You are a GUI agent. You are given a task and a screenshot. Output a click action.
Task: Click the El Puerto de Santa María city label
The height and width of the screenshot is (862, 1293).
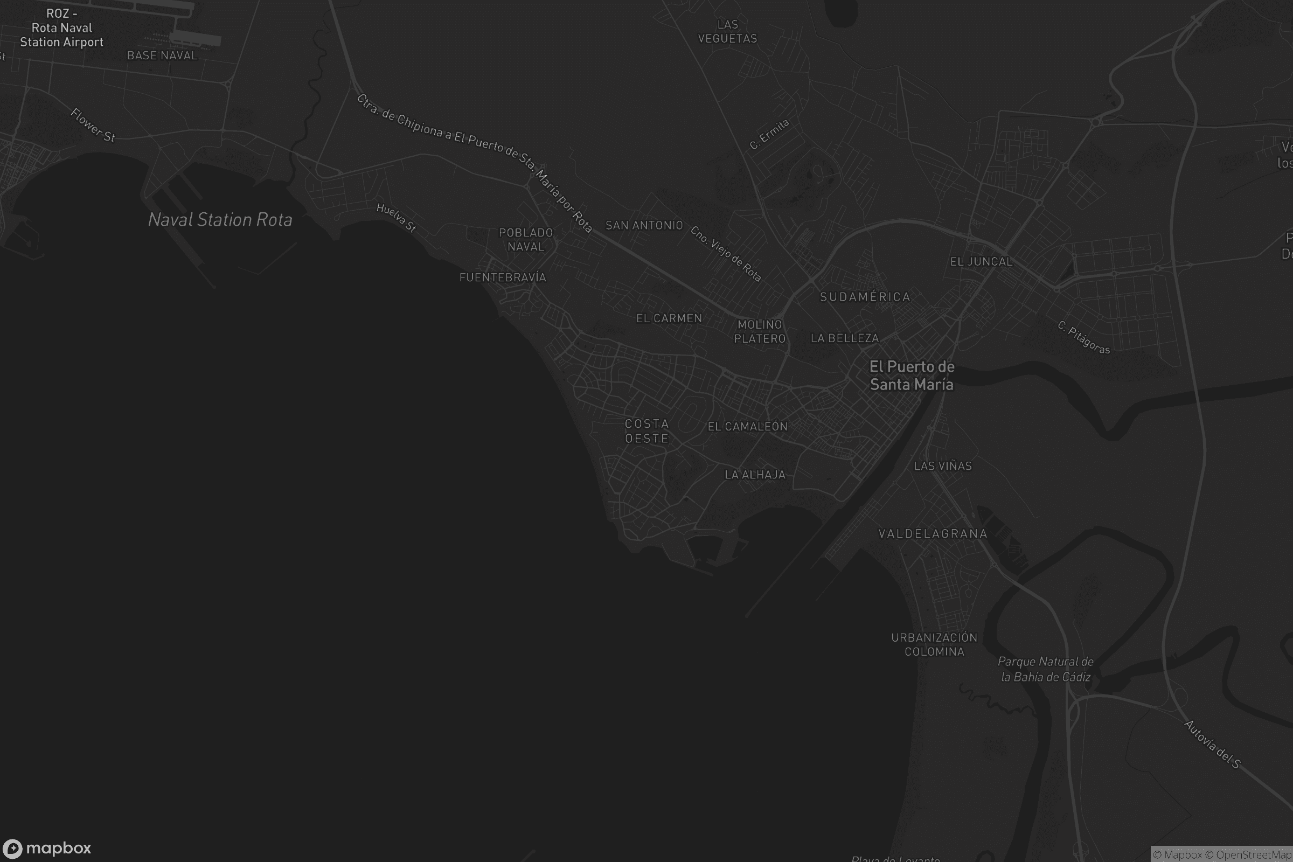point(912,376)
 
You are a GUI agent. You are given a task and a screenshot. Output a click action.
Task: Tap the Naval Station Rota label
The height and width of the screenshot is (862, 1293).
point(220,220)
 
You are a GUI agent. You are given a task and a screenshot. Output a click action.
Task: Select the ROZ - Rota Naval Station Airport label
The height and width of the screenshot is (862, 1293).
point(61,28)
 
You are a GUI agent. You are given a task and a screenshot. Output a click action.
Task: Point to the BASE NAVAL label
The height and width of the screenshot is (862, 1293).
point(162,55)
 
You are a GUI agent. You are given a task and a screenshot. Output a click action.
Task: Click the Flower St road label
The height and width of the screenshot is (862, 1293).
point(93,125)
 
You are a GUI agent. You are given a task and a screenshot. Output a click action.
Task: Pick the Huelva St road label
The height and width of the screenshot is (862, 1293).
point(397,218)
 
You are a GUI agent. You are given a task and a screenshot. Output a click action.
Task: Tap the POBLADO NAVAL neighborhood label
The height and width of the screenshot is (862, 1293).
point(526,240)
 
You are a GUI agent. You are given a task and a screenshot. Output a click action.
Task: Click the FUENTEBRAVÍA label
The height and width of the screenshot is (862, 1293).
point(503,277)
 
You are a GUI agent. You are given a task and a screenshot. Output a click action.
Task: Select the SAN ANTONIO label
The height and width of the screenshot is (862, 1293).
point(644,225)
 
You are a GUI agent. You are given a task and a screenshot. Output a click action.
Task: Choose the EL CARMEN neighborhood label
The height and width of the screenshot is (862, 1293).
point(669,318)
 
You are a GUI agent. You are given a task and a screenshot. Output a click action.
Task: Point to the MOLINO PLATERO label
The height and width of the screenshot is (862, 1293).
point(760,331)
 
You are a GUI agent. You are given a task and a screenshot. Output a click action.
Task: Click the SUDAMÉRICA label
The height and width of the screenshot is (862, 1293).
point(865,297)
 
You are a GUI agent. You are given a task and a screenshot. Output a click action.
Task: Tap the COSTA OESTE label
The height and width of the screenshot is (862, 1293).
point(646,431)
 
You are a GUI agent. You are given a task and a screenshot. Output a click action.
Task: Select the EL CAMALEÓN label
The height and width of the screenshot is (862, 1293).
point(747,427)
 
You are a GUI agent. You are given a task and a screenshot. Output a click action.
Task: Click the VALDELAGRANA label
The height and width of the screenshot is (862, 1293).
point(933,534)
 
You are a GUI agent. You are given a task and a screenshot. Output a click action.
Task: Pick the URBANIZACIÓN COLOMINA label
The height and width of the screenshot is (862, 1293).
point(934,644)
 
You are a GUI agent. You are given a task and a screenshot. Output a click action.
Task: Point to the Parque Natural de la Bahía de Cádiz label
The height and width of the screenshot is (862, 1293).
point(1046,669)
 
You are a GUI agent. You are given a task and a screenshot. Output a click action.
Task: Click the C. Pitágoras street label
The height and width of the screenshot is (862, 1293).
point(1083,338)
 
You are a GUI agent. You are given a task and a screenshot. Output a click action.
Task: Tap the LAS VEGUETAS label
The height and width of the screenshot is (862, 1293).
point(727,31)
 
